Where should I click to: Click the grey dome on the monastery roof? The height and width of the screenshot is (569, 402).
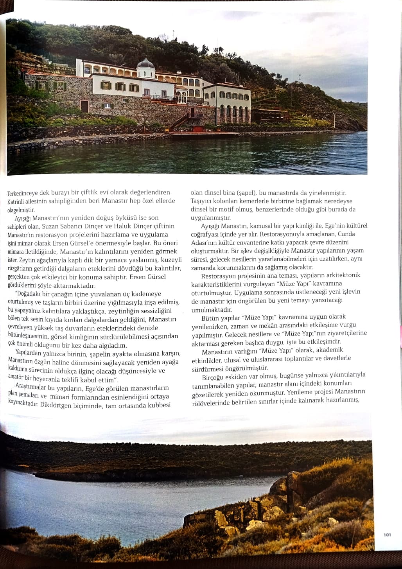pos(146,63)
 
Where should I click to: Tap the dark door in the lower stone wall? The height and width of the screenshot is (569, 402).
pos(84,106)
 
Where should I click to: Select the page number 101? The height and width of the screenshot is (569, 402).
pos(387,535)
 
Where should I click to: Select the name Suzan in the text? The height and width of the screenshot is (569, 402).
pos(50,226)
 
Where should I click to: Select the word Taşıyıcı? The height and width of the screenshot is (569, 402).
pos(202,201)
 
